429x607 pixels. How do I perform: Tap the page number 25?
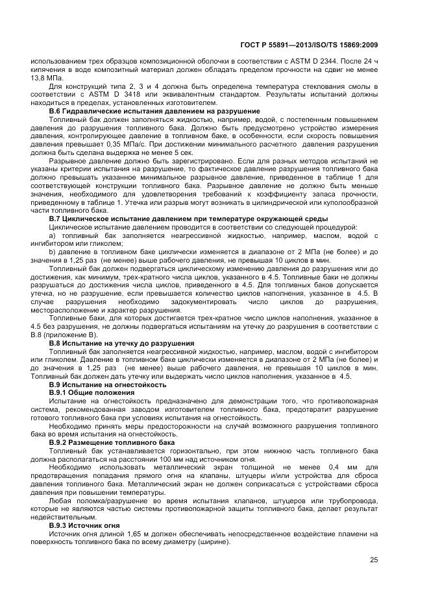[x=374, y=560]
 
